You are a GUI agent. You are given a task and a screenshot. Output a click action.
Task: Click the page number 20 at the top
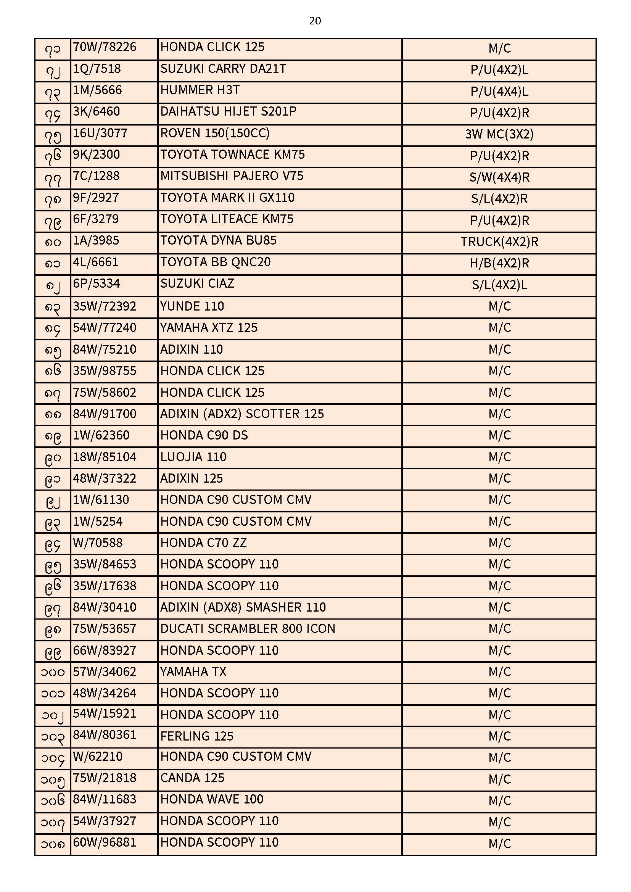pos(315,21)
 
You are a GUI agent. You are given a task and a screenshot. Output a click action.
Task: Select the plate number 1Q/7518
pos(97,69)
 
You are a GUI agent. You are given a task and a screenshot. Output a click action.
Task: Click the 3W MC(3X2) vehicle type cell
pos(499,134)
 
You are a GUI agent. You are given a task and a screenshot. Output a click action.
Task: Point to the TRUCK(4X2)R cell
pos(499,242)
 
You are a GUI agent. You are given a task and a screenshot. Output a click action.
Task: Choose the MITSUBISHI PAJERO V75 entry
pos(232,176)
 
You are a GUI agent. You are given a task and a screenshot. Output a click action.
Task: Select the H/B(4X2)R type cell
pos(499,263)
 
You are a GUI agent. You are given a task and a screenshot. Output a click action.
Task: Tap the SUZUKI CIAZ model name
pos(197,283)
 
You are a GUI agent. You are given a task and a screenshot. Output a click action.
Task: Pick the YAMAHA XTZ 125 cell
pos(209,328)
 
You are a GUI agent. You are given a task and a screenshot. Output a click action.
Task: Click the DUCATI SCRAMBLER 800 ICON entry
pos(248,629)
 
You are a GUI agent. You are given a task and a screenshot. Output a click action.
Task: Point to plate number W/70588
pos(98,543)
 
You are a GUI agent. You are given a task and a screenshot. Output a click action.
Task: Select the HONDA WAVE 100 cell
pos(212,799)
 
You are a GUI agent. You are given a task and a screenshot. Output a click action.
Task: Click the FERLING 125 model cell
pos(196,736)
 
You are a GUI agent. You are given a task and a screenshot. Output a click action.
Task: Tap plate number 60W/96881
pos(105,842)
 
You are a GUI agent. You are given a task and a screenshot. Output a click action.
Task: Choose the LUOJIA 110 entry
pos(193,457)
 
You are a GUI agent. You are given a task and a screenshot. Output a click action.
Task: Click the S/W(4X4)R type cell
pos(499,177)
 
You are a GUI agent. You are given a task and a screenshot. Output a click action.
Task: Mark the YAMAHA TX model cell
pos(193,672)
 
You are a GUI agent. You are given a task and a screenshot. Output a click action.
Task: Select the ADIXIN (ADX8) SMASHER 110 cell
pos(243,607)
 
